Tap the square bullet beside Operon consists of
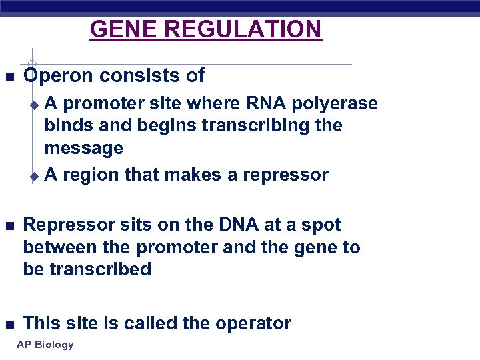coord(9,77)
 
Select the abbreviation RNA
coord(266,103)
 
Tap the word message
coord(83,147)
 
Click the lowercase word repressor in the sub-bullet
coord(285,175)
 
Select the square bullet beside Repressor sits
coord(9,226)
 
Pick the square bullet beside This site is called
coord(9,325)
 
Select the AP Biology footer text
coord(45,345)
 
